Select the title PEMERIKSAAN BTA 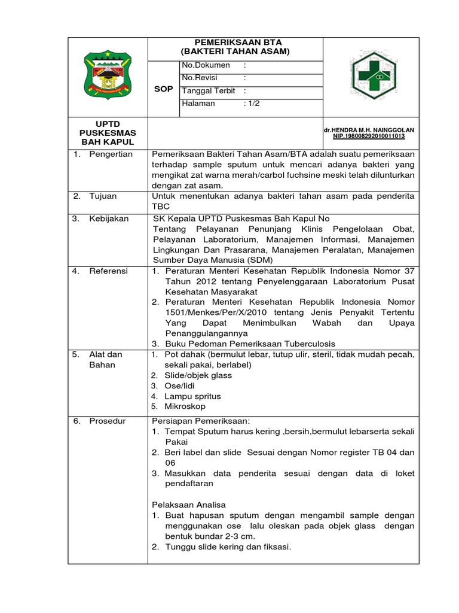(x=235, y=43)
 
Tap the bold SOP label (x=163, y=89)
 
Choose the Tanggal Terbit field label (x=209, y=91)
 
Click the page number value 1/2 (x=252, y=104)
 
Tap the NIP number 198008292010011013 (x=369, y=136)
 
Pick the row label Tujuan (x=102, y=196)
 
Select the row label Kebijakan (x=109, y=219)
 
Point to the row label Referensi (x=109, y=271)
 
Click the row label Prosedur (x=108, y=421)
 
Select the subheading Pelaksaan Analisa (x=188, y=505)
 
